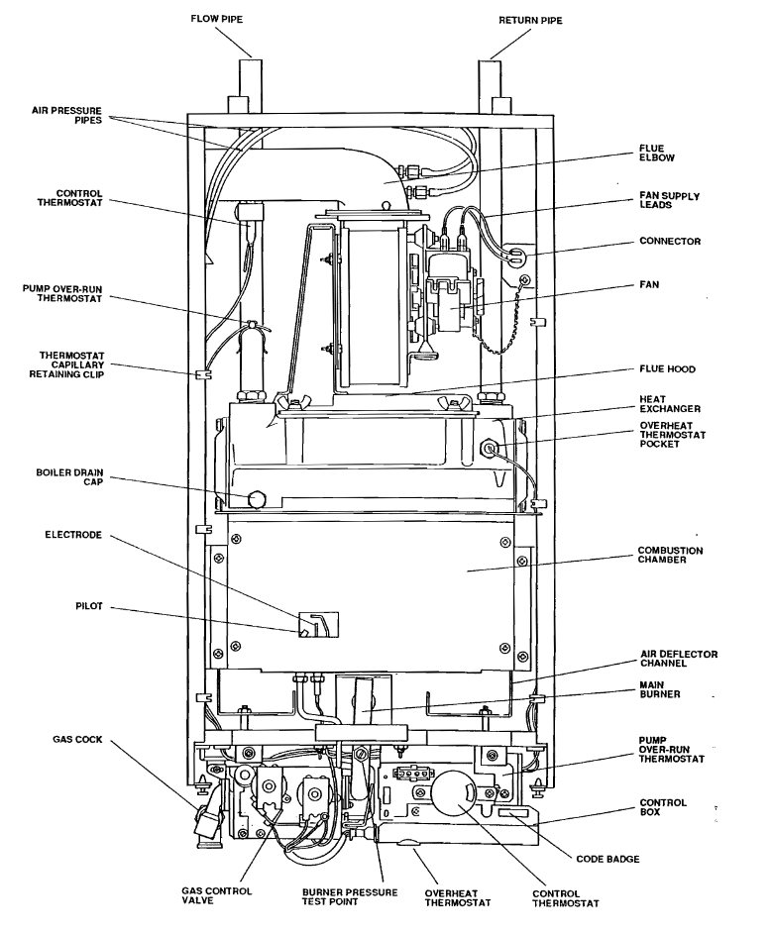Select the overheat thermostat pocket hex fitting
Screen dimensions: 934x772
(489, 448)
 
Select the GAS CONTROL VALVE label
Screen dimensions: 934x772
(217, 896)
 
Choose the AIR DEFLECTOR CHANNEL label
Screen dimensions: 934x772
(679, 660)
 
